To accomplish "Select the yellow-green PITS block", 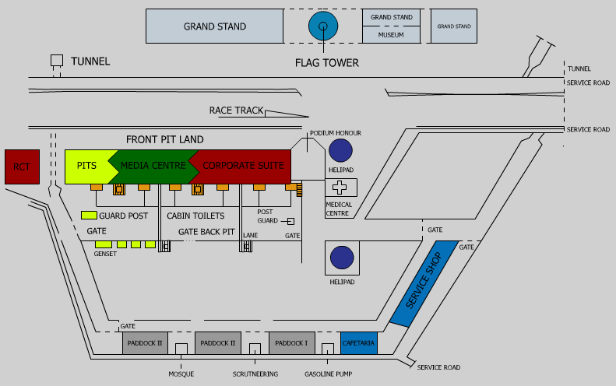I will (87, 166).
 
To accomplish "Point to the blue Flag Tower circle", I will (322, 26).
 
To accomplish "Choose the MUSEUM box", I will (391, 35).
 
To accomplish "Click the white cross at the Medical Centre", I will (340, 188).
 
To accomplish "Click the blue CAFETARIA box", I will (358, 343).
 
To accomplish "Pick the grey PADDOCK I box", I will (291, 343).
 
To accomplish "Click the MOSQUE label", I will (181, 374).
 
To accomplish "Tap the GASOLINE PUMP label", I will (328, 374).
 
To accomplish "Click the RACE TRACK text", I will (236, 111).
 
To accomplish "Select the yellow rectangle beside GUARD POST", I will (89, 216).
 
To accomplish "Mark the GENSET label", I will (105, 254).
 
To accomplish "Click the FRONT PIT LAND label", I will (164, 139).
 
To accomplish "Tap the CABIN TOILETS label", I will (195, 216).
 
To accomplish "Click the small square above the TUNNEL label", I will (56, 60).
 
